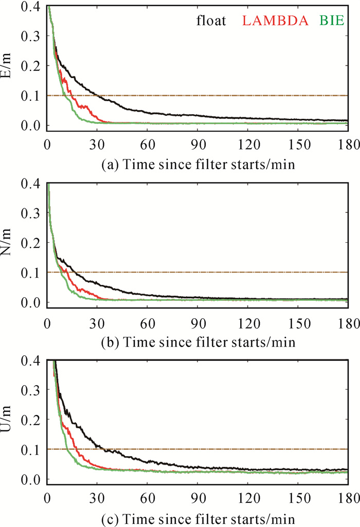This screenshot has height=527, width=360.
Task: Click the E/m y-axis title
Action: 10,66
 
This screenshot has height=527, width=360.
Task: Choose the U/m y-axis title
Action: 10,420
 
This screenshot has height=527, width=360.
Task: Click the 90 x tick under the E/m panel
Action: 197,139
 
